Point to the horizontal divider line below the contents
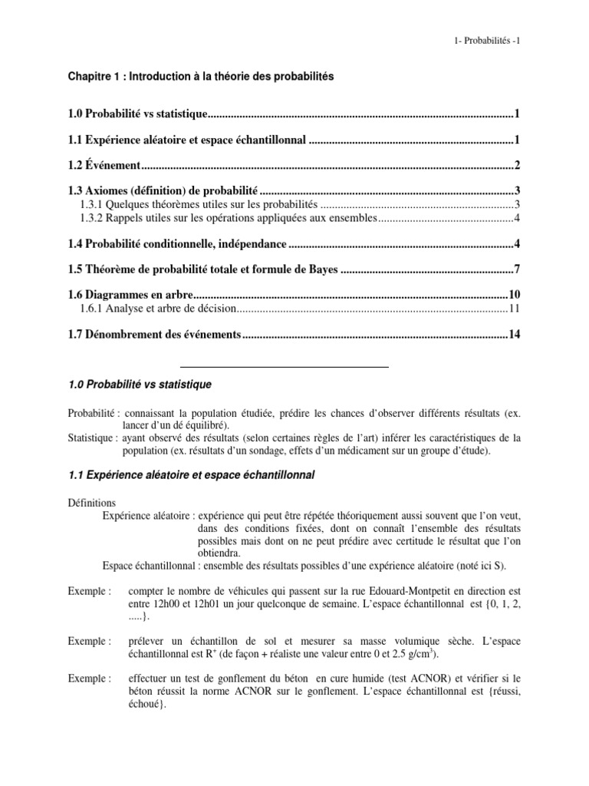pos(285,368)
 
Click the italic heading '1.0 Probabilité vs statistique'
pos(137,383)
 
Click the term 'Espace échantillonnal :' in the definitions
pos(149,566)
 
